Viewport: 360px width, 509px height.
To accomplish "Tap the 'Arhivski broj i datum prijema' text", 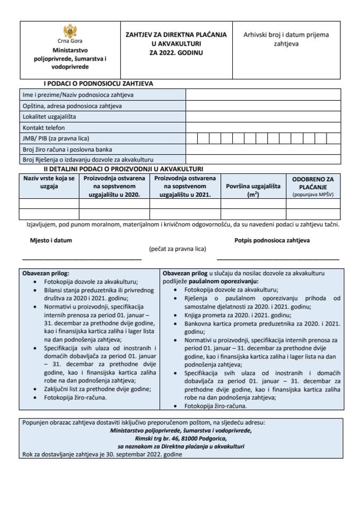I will coord(286,35).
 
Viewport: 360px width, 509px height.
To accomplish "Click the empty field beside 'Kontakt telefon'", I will coord(262,128).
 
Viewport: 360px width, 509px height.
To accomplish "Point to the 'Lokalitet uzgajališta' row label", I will coord(49,117).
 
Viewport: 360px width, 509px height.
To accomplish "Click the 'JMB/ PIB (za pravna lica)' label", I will coord(56,139).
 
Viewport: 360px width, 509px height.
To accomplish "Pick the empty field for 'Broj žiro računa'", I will coord(262,150).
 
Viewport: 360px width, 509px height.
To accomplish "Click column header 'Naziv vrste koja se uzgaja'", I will coord(49,182).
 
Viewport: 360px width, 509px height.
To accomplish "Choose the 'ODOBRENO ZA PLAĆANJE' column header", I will coord(313,183).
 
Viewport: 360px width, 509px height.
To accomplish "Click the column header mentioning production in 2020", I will coord(115,186).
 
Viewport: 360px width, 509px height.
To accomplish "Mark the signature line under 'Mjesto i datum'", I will coord(82,259).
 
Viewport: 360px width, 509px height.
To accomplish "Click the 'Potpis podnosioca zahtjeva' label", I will coord(272,240).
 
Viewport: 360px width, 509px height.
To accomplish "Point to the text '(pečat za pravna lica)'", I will coord(177,249).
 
